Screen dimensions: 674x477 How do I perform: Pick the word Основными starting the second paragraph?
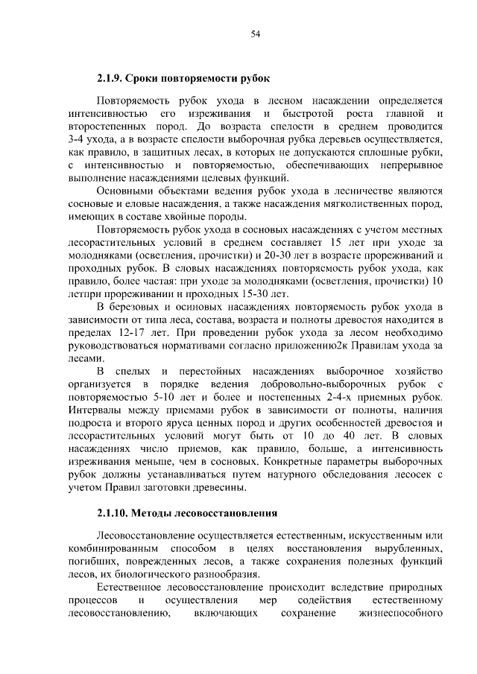[124, 191]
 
